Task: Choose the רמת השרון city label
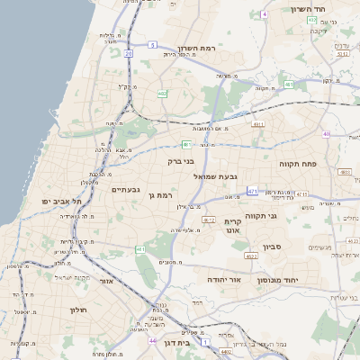pos(199,48)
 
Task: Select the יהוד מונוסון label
pos(287,280)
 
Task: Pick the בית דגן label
pos(179,344)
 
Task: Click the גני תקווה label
pos(286,216)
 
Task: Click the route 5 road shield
pos(153,43)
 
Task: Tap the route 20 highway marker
pos(129,54)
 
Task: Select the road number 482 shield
pos(162,93)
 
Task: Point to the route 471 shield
pos(253,191)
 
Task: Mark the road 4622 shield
pos(251,256)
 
